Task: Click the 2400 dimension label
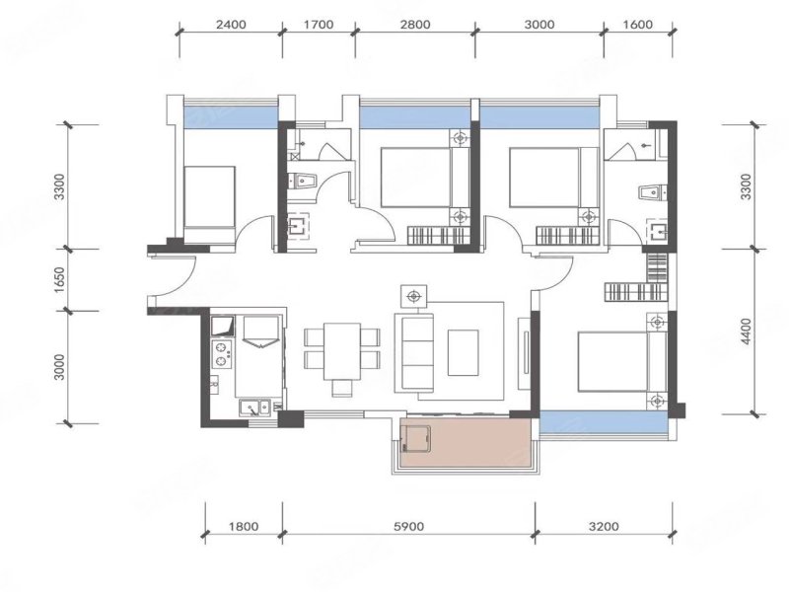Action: [x=231, y=24]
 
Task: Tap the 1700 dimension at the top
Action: [x=319, y=24]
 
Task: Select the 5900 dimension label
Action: [x=408, y=527]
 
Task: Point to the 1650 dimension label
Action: [x=59, y=280]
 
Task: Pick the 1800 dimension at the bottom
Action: [x=244, y=527]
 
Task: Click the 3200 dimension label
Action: [x=604, y=527]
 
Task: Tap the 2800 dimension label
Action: [x=415, y=24]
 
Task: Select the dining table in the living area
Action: [x=342, y=351]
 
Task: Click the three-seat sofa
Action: [x=414, y=352]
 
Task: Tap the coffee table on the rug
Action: [x=463, y=352]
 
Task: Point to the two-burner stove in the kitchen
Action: [x=221, y=354]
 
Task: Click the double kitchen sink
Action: [x=255, y=407]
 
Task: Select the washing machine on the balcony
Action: [x=415, y=439]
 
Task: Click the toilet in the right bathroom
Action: [x=652, y=192]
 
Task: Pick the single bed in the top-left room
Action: [x=209, y=205]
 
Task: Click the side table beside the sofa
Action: [x=414, y=296]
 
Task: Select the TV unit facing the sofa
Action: [x=525, y=352]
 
